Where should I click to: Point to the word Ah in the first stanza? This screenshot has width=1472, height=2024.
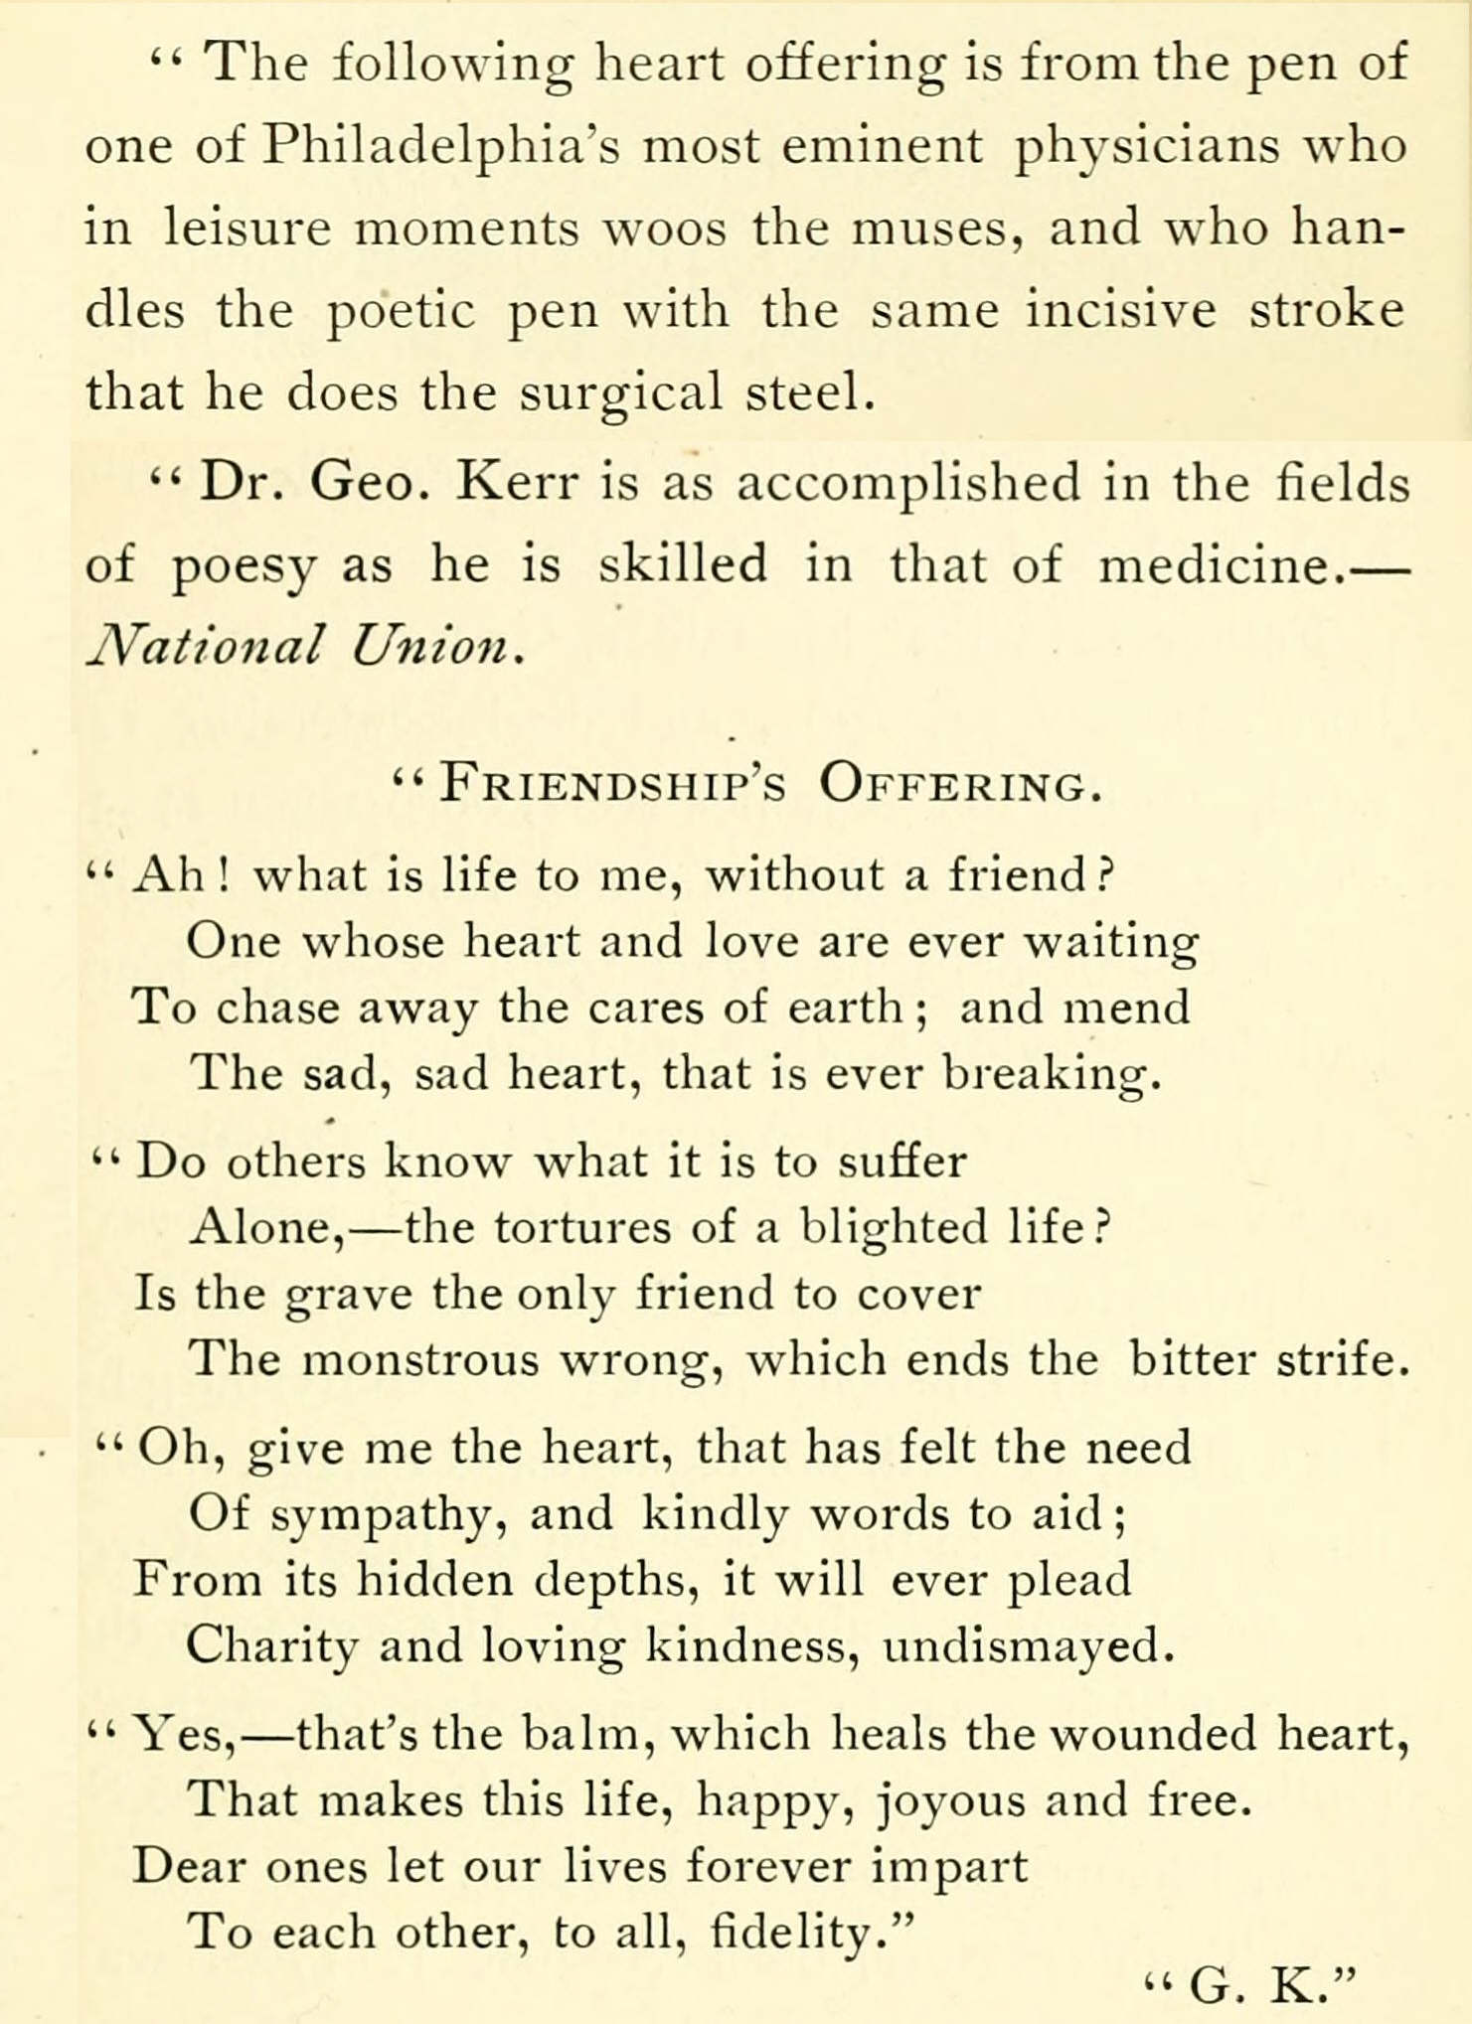[169, 874]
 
